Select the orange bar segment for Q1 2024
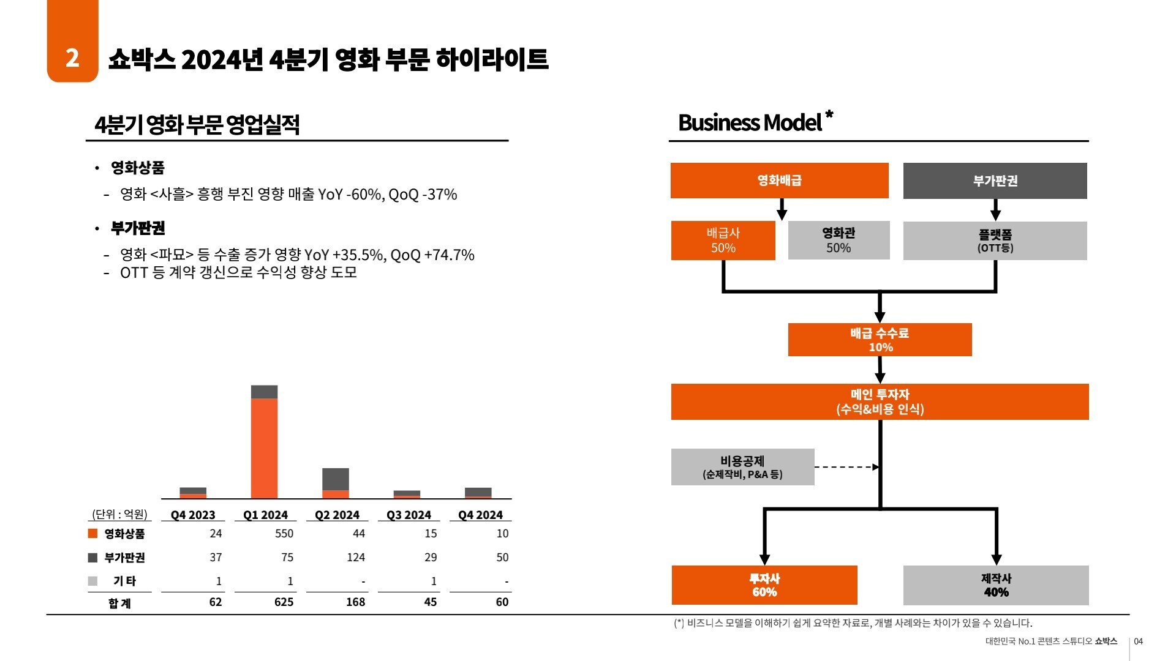264,448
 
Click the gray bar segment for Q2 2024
336,479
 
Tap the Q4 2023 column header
193,515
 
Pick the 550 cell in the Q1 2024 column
284,534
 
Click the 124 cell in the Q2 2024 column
355,558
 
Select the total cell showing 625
284,602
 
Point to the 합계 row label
119,603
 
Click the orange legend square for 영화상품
93,534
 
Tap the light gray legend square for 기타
93,581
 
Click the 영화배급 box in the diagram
779,181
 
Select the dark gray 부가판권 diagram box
995,181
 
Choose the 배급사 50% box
723,241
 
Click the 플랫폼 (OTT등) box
995,241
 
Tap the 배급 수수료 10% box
880,340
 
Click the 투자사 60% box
764,585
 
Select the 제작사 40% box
996,585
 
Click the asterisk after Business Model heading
829,114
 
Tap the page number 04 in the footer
1138,641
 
